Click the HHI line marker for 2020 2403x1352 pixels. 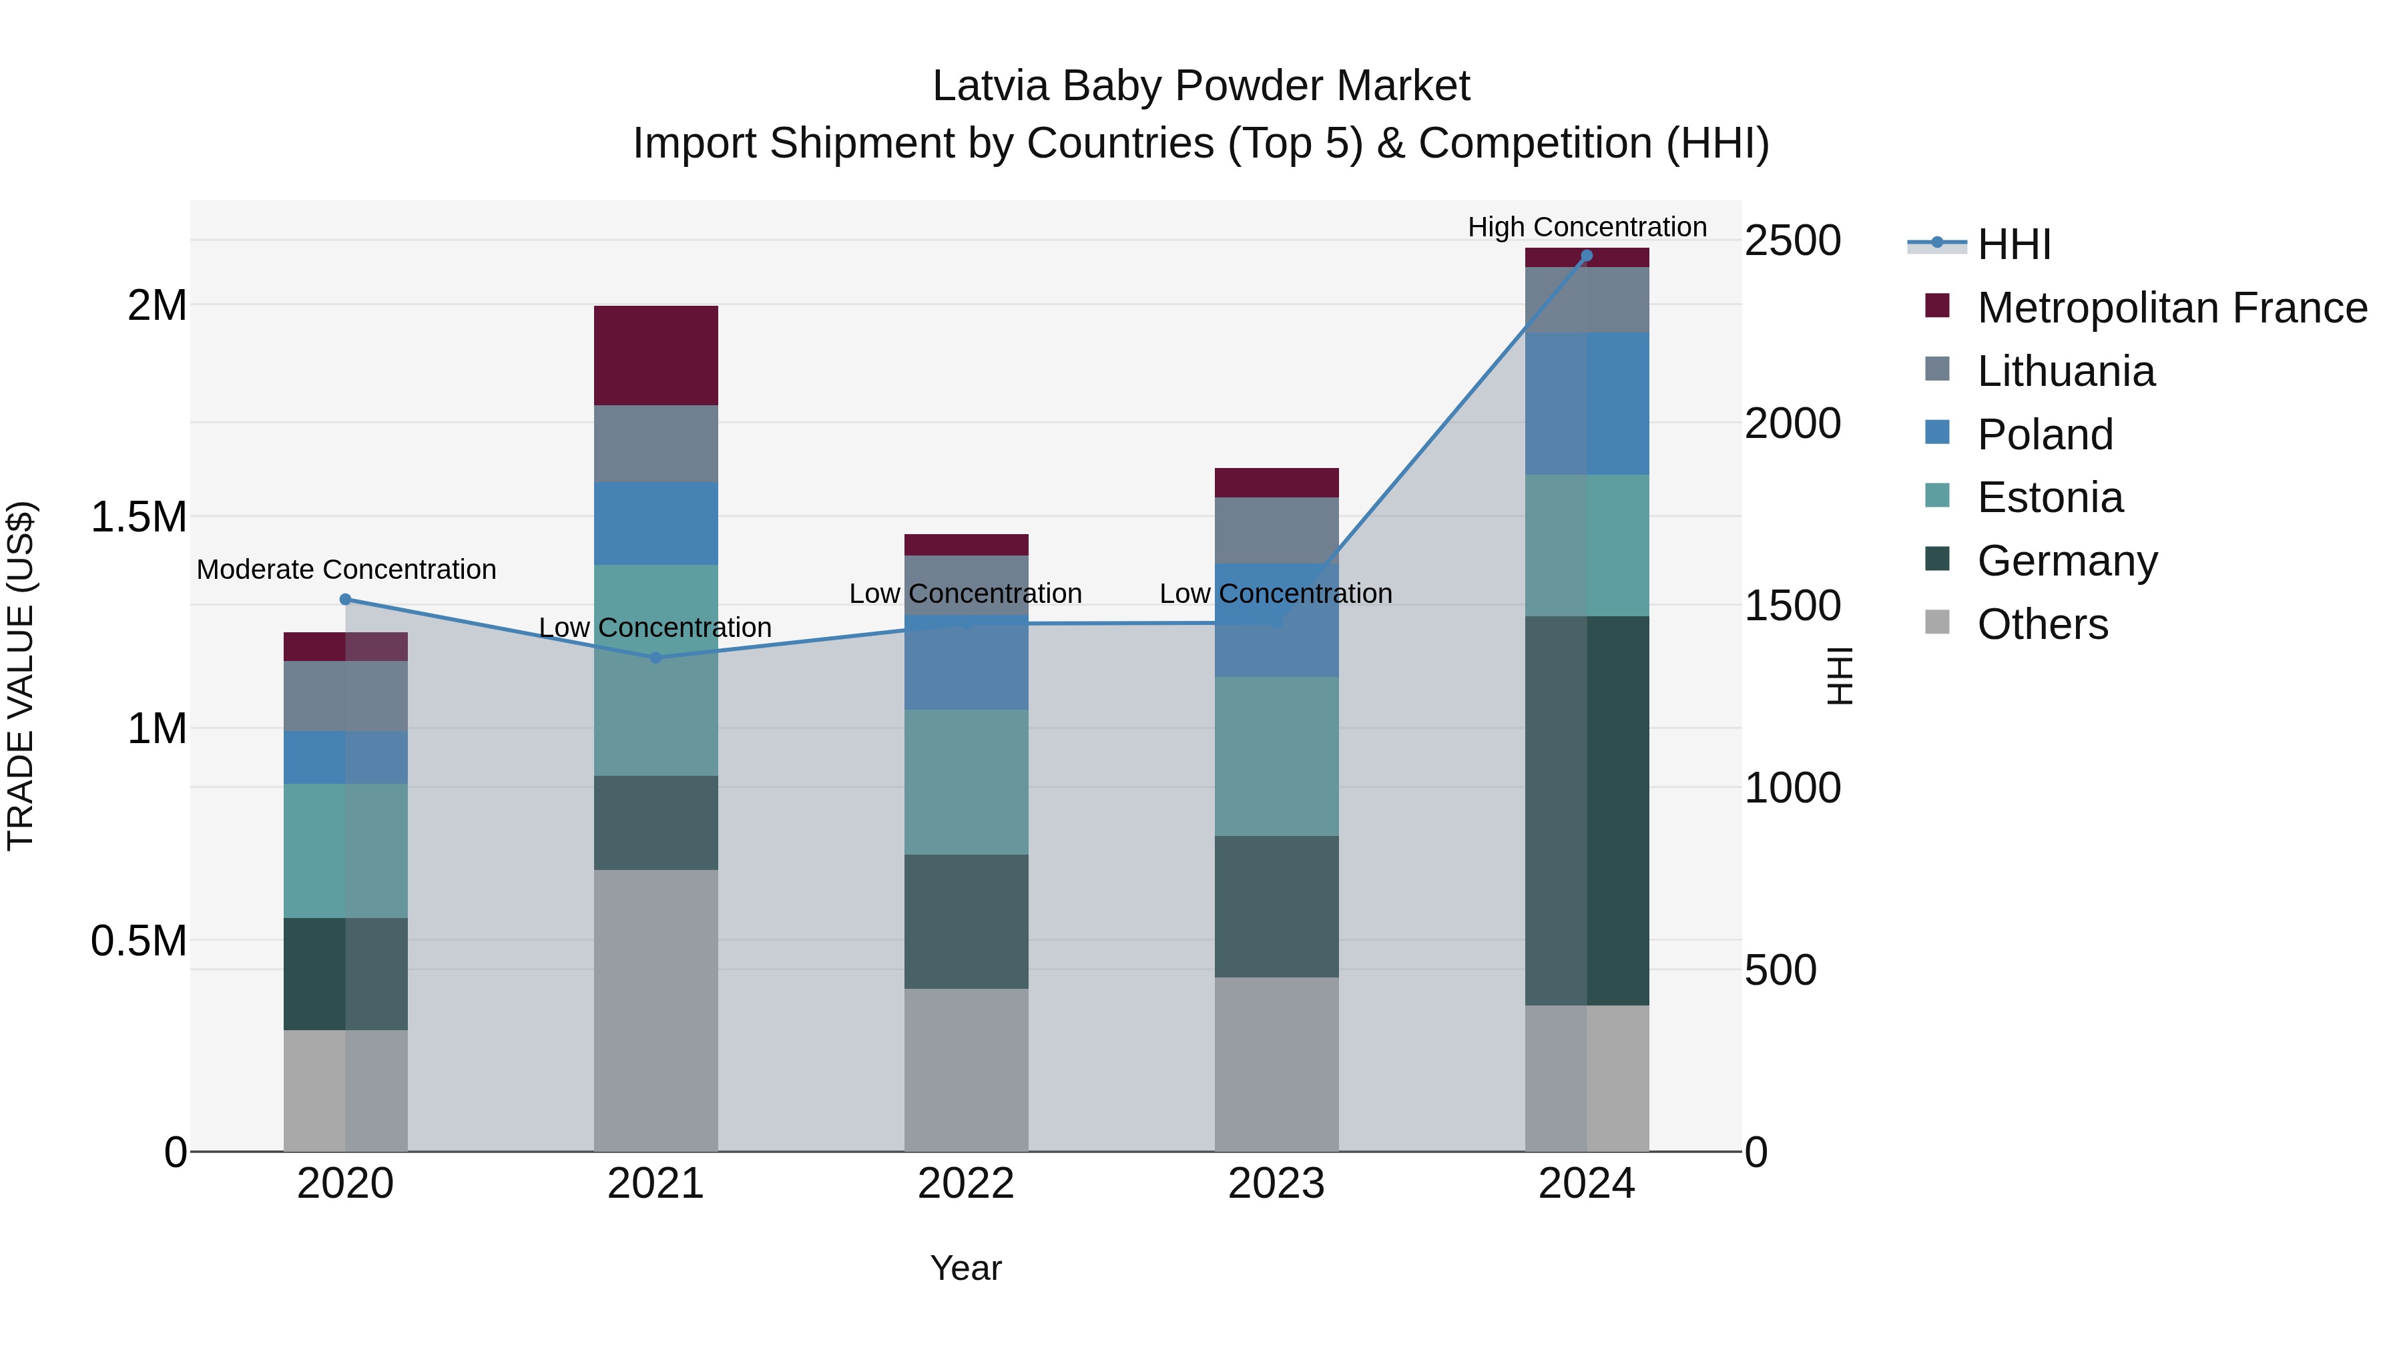tap(345, 599)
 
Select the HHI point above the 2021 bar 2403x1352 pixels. tap(655, 658)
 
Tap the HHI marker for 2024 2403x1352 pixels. tap(1587, 256)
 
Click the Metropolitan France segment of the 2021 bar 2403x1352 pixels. tap(655, 355)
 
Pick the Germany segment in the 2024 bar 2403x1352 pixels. tap(1587, 810)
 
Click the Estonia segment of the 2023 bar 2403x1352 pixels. tap(1276, 756)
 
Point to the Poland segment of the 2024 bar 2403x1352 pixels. tap(1587, 403)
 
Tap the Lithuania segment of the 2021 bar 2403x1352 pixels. tap(655, 443)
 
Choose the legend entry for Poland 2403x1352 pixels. tap(2045, 435)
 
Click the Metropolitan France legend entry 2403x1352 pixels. tap(2171, 308)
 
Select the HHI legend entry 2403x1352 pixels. tap(2013, 244)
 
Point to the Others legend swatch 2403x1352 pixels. tap(1938, 622)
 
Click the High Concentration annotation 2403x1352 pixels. tap(1587, 227)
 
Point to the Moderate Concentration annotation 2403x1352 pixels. tap(346, 569)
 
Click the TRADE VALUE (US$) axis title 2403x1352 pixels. tap(21, 676)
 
